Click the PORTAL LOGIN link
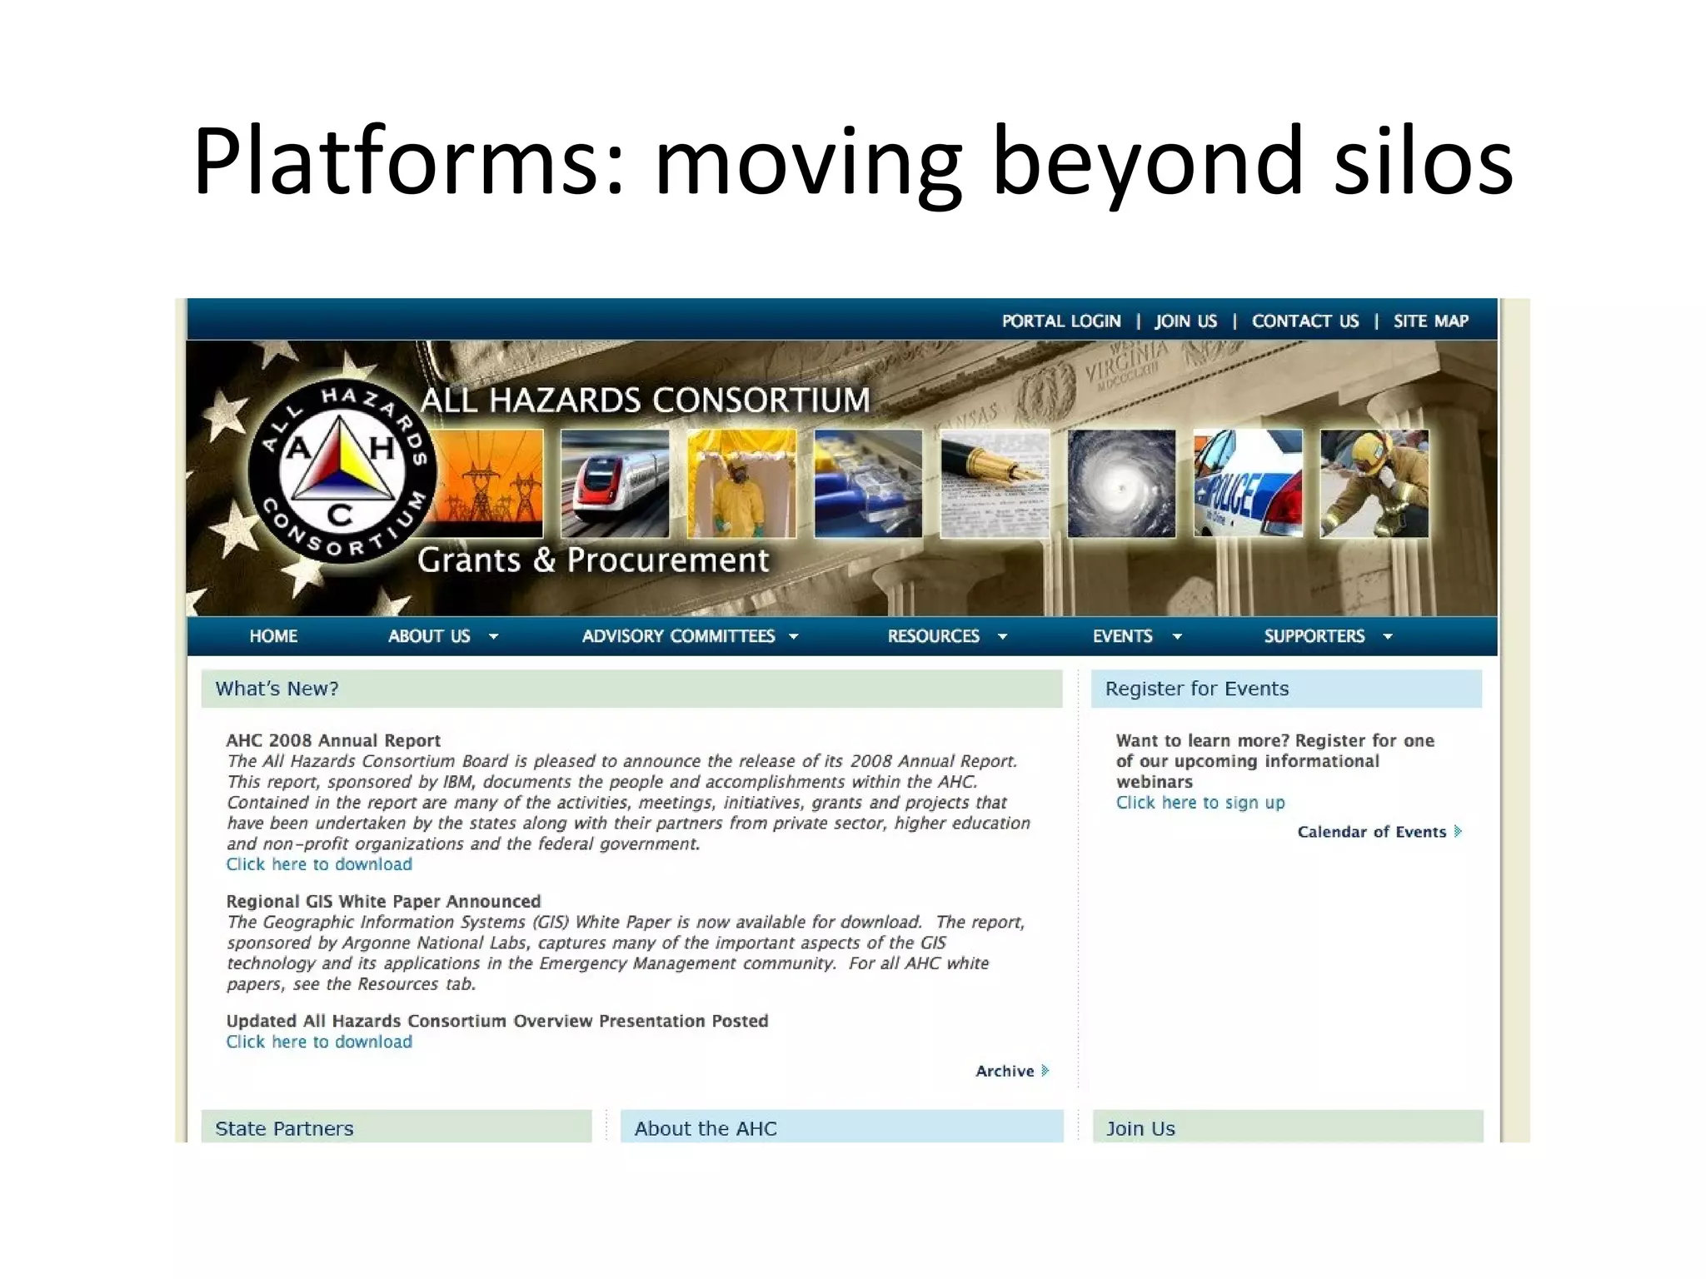click(1060, 321)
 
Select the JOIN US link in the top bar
click(1185, 321)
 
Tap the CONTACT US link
click(1304, 321)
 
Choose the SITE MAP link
click(1430, 321)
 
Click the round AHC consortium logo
click(341, 472)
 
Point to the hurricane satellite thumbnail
click(1121, 483)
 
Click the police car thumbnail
click(1247, 483)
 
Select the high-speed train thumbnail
click(615, 483)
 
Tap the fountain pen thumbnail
click(995, 483)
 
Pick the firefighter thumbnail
click(1374, 483)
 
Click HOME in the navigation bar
click(273, 636)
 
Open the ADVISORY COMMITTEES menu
click(679, 636)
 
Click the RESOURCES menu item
click(934, 636)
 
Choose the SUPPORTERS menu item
click(1314, 636)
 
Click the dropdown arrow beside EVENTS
click(1177, 637)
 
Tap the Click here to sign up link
click(1200, 803)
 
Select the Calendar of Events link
click(1372, 832)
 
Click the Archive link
click(1005, 1071)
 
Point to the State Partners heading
click(284, 1128)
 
